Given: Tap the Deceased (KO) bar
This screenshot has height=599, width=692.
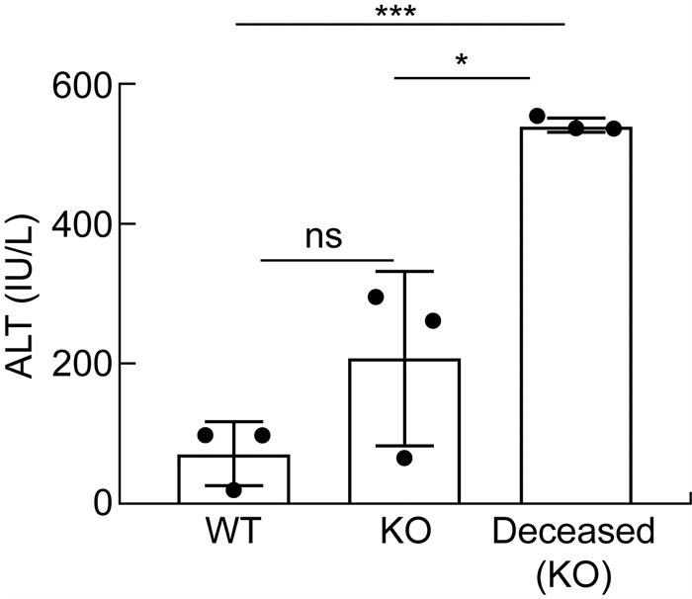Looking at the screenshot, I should point(575,316).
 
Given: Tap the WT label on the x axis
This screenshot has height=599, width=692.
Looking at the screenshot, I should point(233,535).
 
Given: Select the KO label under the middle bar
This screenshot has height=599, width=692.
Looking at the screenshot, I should point(404,535).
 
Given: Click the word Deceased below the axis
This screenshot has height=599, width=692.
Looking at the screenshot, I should point(573,535).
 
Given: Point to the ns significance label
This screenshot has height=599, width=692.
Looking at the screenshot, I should point(324,237).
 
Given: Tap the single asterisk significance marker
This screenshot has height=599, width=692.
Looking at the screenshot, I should point(462,62).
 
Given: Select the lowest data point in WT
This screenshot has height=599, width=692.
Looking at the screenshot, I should point(233,490).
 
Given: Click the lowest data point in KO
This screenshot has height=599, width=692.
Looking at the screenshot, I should point(404,458).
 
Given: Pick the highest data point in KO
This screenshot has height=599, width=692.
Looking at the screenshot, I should point(376,297).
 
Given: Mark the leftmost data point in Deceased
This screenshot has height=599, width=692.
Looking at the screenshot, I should point(537,117).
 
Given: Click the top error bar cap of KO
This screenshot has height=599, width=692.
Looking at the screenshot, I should point(404,271).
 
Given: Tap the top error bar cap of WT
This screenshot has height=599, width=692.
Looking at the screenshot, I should point(233,422).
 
